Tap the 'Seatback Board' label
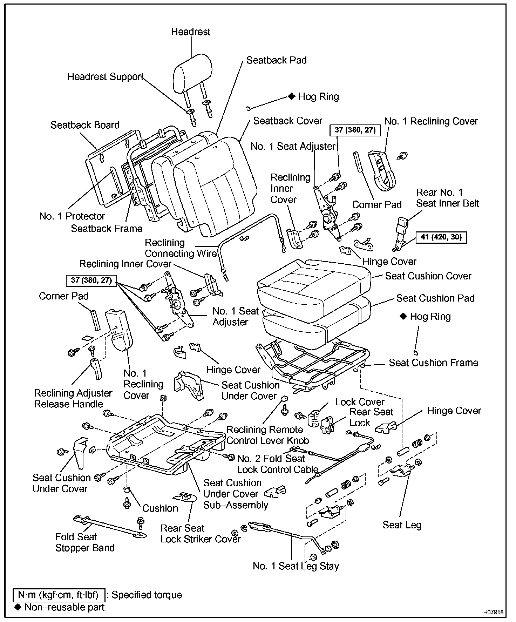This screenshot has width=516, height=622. [x=85, y=125]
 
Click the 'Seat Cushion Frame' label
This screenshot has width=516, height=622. [x=433, y=363]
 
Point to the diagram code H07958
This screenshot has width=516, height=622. [x=493, y=612]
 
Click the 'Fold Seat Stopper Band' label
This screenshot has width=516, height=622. [x=85, y=542]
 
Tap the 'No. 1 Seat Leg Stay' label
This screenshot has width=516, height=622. [x=296, y=566]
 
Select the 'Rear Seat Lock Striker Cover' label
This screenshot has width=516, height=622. [x=201, y=534]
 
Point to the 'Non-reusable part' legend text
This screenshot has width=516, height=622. [x=64, y=607]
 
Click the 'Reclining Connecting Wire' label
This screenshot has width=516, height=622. [x=180, y=248]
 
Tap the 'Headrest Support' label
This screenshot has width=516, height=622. [x=105, y=77]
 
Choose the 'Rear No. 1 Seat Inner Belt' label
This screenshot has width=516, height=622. [x=447, y=198]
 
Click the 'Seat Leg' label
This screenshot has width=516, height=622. [x=402, y=525]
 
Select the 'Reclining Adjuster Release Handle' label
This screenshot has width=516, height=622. [x=73, y=399]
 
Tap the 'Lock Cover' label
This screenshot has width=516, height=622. [x=360, y=402]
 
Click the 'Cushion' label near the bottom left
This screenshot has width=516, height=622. [x=160, y=508]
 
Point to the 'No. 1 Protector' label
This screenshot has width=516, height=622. [x=72, y=216]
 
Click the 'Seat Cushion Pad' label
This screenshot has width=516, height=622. [x=435, y=298]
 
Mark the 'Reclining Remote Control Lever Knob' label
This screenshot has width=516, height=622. [x=267, y=435]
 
